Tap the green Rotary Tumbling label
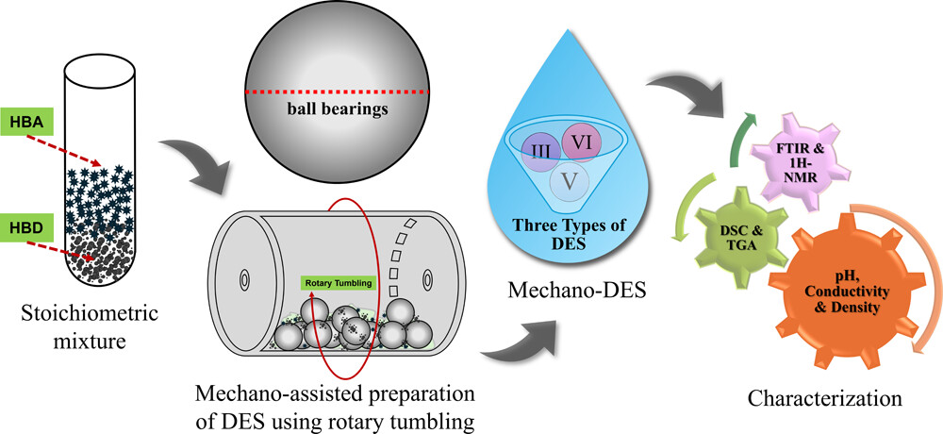pyautogui.click(x=339, y=281)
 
